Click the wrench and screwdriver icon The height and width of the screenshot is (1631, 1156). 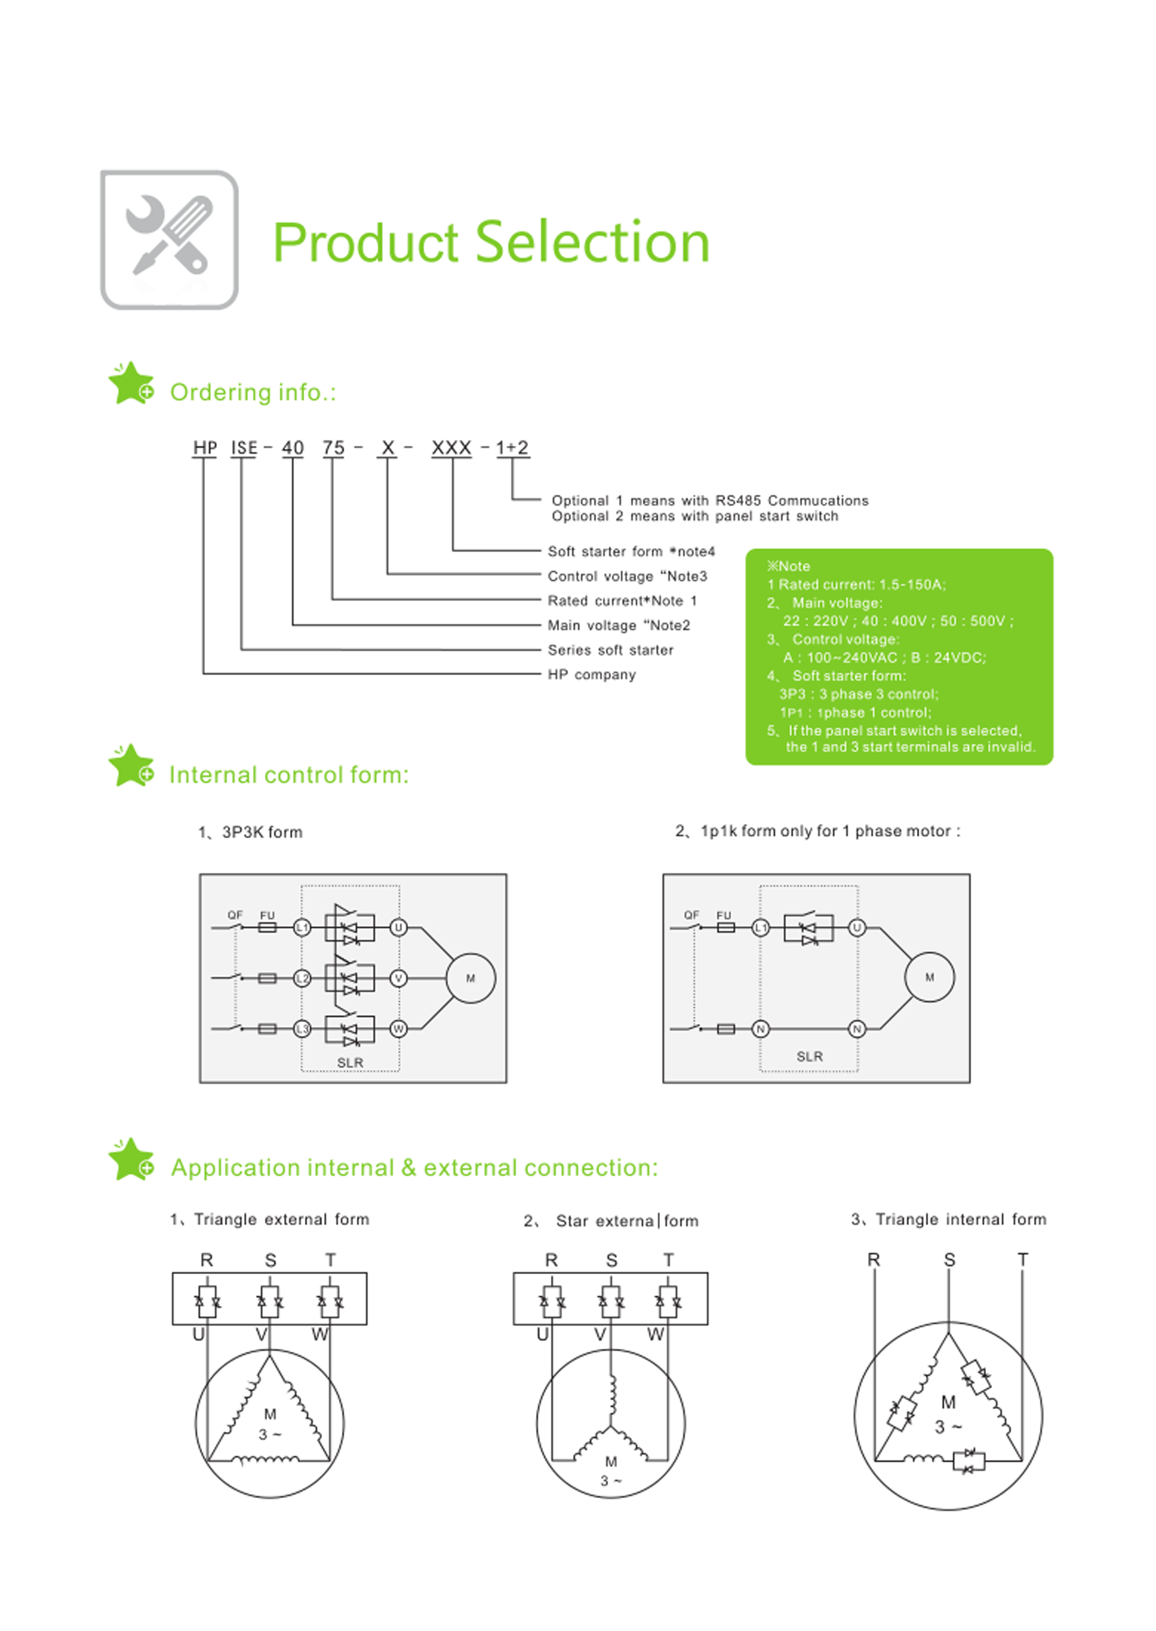tap(169, 239)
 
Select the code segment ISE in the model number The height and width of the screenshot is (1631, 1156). tap(243, 448)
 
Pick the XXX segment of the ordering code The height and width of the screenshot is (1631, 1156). tap(451, 448)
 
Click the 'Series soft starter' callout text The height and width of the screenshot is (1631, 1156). tap(610, 650)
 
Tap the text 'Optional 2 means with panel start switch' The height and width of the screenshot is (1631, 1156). tap(695, 516)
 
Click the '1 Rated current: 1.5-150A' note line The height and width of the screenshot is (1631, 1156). tap(856, 585)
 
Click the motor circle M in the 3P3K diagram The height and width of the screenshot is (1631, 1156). tap(470, 978)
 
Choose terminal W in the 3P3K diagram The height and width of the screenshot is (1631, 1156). tap(399, 1028)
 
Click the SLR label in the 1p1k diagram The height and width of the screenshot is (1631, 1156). tap(809, 1056)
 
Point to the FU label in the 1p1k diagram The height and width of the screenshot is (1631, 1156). tap(724, 915)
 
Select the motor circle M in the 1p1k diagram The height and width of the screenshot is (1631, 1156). tap(929, 977)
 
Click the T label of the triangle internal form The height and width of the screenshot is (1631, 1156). tap(1023, 1260)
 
